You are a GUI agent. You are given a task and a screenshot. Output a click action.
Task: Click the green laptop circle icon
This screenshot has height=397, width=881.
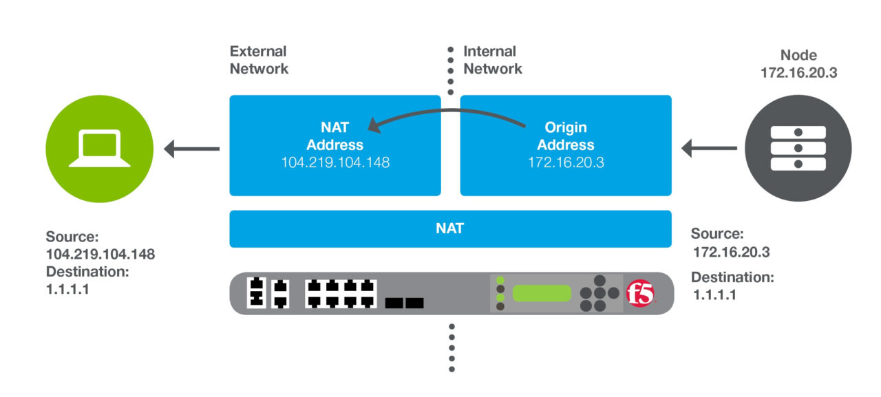pos(100,148)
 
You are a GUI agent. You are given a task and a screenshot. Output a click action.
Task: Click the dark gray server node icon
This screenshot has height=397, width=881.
pos(798,148)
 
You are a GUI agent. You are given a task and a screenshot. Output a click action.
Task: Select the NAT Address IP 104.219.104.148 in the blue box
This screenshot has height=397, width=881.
pos(335,162)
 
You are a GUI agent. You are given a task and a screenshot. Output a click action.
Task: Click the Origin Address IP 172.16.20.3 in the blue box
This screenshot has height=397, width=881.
pos(565,162)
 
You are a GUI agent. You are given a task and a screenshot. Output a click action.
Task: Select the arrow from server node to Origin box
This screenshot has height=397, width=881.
pos(709,148)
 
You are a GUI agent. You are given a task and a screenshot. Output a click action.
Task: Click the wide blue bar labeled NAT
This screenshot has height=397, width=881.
pos(450,228)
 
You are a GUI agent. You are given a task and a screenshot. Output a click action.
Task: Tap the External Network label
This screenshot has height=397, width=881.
pos(259,60)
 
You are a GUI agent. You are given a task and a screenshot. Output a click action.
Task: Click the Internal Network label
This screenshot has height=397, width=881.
pos(492,60)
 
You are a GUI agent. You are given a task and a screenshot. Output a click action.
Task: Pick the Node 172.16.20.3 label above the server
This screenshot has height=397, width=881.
pos(798,63)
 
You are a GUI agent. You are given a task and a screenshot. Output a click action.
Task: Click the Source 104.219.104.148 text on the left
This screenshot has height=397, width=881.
pos(100,246)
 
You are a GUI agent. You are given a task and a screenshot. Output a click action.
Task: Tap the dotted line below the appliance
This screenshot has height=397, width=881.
pos(452,347)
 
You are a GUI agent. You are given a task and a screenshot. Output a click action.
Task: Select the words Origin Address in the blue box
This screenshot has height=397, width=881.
pos(565,136)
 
